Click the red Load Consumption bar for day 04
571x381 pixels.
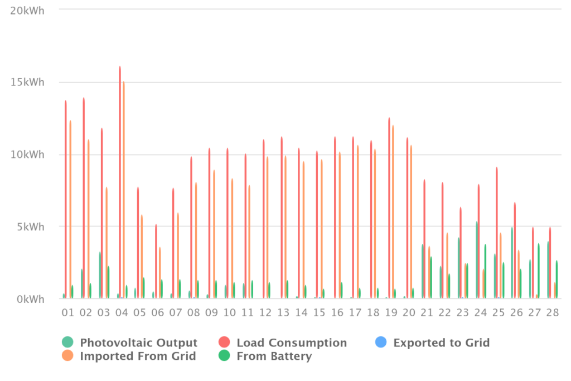(120, 182)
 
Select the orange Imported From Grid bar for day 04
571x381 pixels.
(123, 190)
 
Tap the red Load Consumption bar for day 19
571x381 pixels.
(389, 208)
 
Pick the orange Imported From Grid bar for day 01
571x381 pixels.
(70, 209)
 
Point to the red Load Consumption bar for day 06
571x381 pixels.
(156, 262)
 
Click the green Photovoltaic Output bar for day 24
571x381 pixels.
(477, 260)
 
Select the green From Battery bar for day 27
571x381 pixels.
(539, 271)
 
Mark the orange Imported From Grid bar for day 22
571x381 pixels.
(447, 266)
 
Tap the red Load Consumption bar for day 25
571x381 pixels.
(496, 233)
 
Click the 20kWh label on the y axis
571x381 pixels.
(27, 11)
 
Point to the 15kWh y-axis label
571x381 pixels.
(27, 83)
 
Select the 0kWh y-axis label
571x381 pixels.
(31, 300)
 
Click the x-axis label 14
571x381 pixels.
(301, 312)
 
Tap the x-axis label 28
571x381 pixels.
(553, 312)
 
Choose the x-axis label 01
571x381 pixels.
(67, 312)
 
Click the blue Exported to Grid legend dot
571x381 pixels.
(381, 343)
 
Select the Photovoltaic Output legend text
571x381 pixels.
(139, 343)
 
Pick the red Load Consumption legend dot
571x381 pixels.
(224, 343)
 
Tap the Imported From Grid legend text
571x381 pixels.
(138, 356)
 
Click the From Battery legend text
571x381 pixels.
(274, 356)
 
